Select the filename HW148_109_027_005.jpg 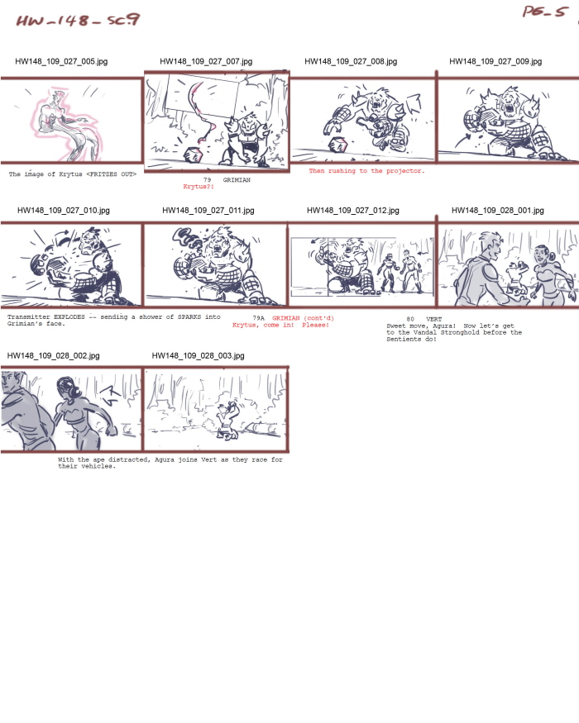coord(61,62)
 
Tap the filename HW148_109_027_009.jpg coord(495,62)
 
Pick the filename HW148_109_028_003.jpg coord(199,355)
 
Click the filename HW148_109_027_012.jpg coord(352,211)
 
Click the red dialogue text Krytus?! coord(199,187)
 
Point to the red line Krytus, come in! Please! coord(280,325)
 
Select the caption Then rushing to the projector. coord(366,171)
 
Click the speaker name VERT coord(435,318)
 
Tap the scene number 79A coord(258,318)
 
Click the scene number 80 coord(410,318)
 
